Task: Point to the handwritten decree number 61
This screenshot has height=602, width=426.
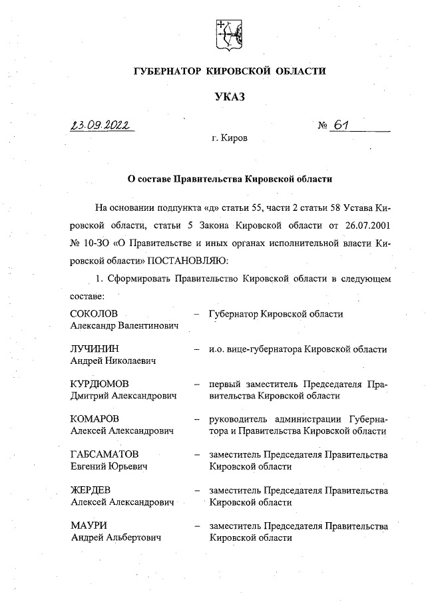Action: (x=343, y=124)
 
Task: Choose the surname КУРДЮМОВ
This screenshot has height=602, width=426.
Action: (x=100, y=384)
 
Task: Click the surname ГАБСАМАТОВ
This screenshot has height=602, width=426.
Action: (x=105, y=454)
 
